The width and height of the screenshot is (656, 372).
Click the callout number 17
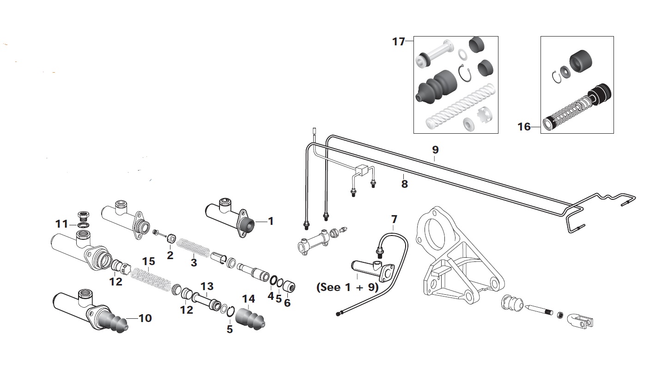398,42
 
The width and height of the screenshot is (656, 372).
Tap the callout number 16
524,127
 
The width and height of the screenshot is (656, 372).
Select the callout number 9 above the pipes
436,150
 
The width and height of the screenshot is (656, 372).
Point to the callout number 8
404,184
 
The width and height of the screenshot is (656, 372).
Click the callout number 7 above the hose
394,219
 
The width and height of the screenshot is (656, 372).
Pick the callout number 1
271,221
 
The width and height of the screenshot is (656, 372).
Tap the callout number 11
61,224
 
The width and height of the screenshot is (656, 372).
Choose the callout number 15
148,261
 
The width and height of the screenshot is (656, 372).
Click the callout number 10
145,318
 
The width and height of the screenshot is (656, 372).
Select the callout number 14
249,299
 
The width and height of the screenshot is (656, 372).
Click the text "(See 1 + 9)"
347,287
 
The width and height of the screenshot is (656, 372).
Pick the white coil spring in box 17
461,106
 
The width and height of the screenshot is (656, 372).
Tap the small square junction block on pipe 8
360,170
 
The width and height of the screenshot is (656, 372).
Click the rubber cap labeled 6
289,286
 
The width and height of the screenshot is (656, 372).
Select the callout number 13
207,286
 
